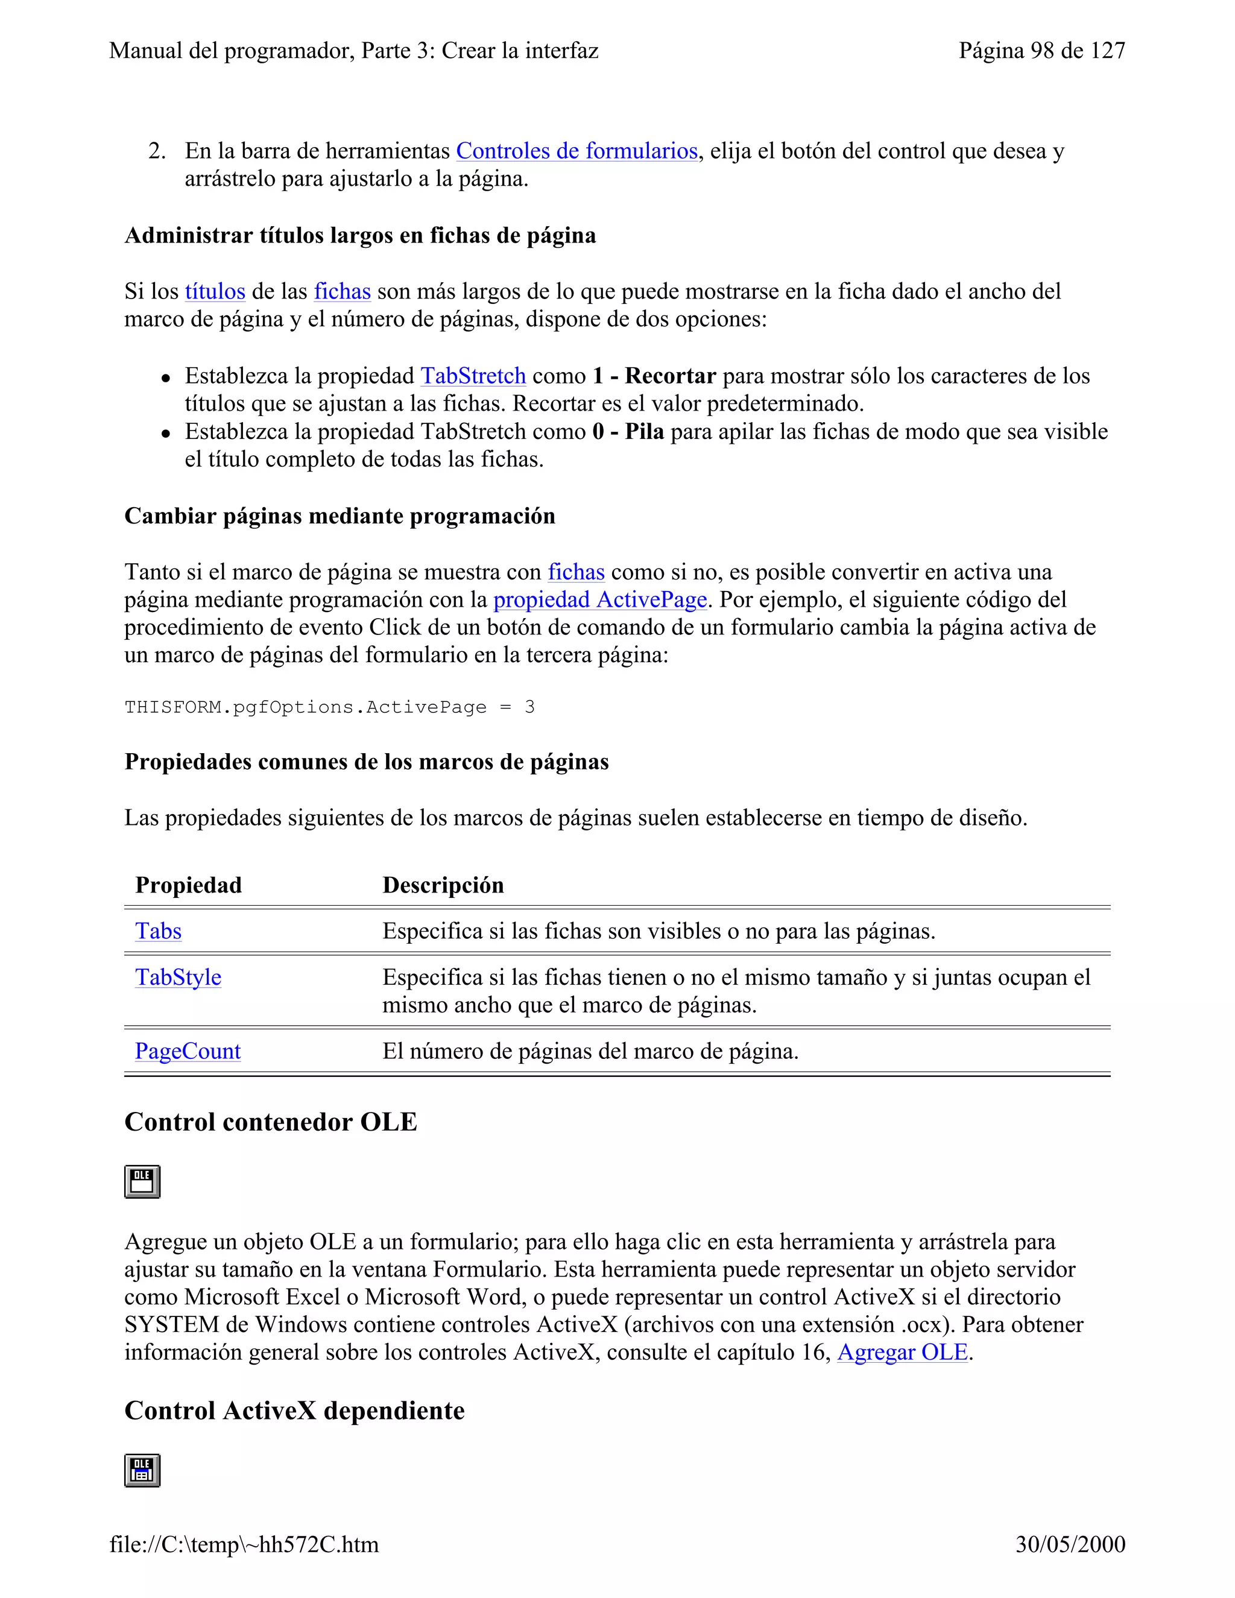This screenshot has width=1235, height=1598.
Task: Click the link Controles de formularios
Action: coord(576,151)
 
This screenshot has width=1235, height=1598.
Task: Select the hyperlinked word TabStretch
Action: coord(473,376)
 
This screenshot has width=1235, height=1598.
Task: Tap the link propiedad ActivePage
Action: coord(600,600)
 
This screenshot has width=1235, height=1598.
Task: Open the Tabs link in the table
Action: coord(158,932)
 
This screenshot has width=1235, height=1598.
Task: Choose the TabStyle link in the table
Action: coord(178,977)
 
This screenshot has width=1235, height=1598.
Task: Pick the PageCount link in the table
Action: coord(188,1052)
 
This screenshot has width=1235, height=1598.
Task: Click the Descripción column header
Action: coord(443,885)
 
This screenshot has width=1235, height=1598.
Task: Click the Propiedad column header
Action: coord(188,885)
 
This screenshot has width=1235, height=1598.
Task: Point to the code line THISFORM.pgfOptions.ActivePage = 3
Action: coord(329,707)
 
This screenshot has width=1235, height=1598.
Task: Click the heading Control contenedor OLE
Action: coord(271,1122)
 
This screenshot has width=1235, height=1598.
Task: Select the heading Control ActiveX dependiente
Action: coord(294,1410)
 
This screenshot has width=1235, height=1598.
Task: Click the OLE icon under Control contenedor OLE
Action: coord(142,1182)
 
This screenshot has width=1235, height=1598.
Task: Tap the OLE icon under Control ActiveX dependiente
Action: coord(142,1470)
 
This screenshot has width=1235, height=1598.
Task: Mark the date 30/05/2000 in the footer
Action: coord(1070,1544)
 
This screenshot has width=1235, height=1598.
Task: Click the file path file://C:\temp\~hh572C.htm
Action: coord(244,1544)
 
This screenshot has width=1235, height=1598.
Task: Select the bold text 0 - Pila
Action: coord(628,432)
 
